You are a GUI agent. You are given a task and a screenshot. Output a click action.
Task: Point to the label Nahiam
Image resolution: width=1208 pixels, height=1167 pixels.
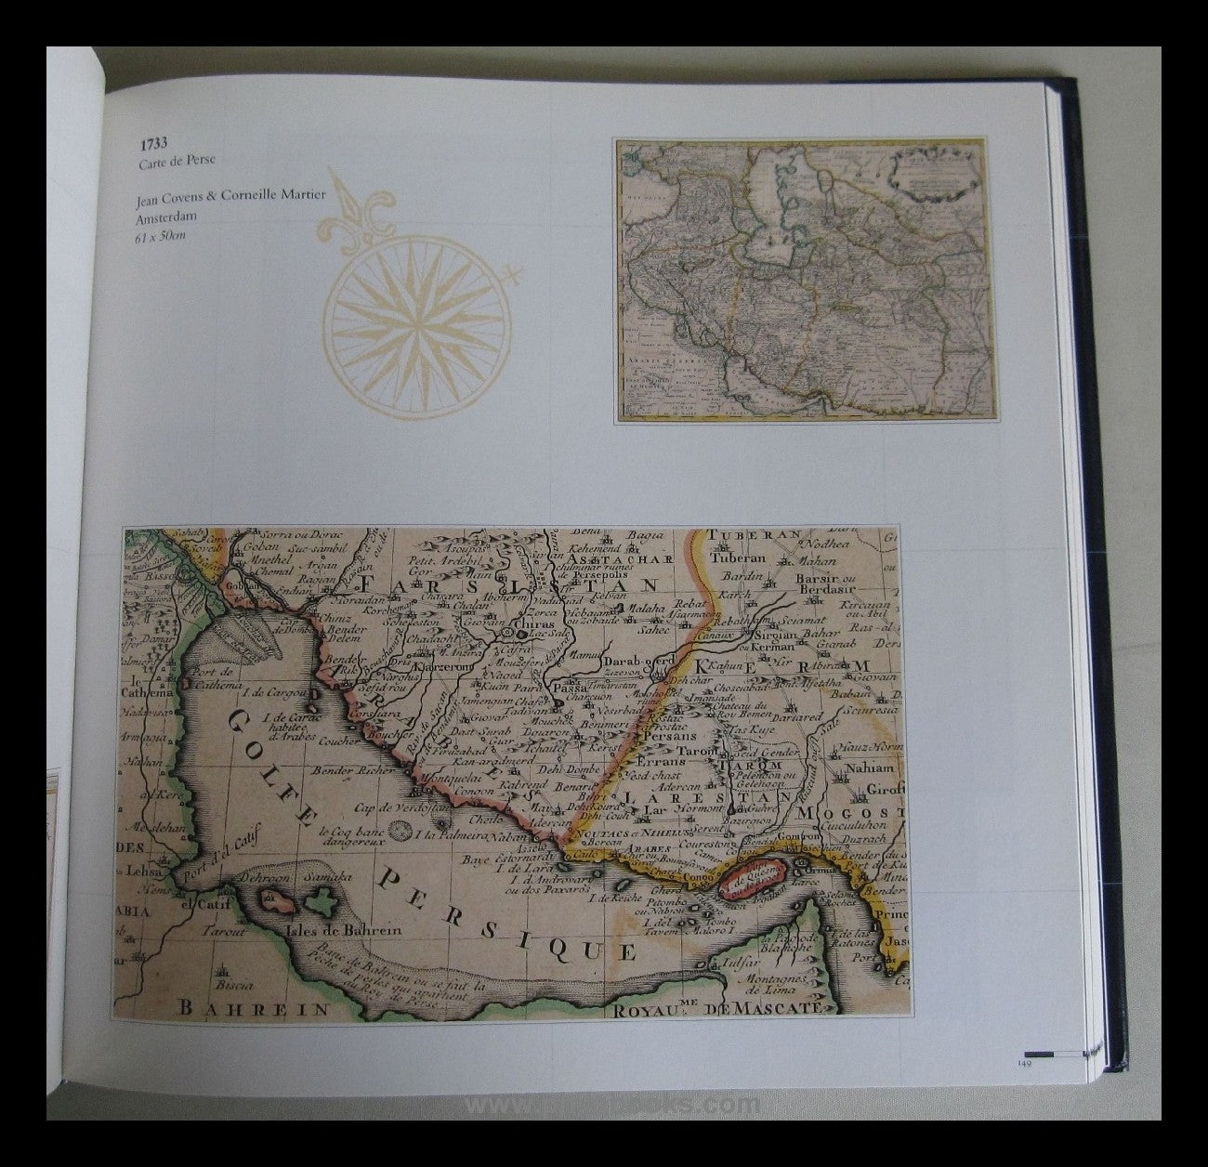tap(868, 768)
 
